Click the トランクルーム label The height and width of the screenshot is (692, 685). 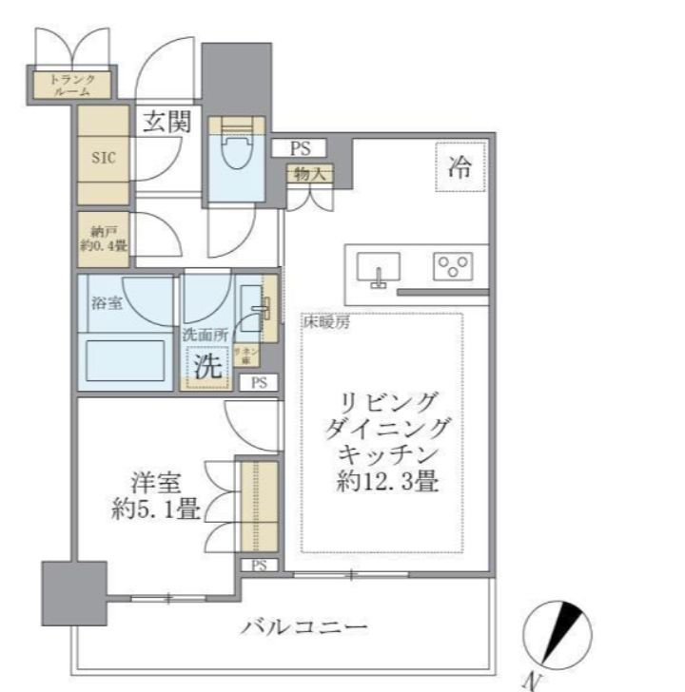coord(71,86)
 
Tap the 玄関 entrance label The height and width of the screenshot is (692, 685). coord(167,123)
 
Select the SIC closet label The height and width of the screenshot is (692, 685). coord(103,157)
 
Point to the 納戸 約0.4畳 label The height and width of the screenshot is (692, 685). coord(103,240)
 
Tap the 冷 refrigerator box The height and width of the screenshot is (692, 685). coord(460,167)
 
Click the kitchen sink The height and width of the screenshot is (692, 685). coord(379,270)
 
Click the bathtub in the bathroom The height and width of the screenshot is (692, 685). coord(127,361)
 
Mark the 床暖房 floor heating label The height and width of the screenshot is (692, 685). coord(327,323)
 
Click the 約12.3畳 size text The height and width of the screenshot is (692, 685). coord(386,483)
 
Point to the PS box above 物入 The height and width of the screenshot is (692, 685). coord(301,148)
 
